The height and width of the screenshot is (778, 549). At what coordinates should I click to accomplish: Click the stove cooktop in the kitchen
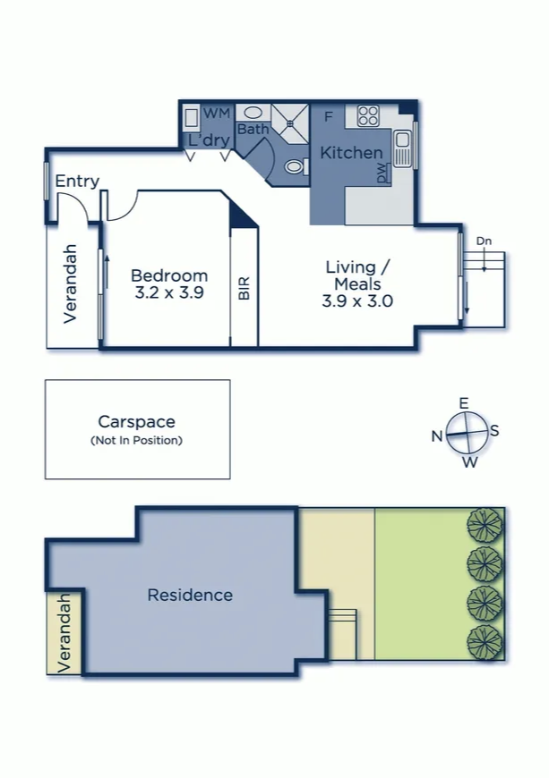point(369,116)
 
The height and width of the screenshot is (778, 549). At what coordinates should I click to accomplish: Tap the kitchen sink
point(401,148)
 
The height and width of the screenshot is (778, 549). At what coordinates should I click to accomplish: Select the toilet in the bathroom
point(296,166)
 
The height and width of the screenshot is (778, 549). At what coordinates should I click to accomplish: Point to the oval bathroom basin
point(253,113)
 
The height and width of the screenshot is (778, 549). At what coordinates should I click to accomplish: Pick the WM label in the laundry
point(218,114)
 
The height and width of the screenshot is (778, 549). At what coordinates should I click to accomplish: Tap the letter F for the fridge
point(328,117)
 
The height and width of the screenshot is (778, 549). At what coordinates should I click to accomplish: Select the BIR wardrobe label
point(244,288)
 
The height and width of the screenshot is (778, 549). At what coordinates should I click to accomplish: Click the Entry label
point(77,182)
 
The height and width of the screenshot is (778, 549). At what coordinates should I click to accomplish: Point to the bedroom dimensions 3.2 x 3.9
point(169,292)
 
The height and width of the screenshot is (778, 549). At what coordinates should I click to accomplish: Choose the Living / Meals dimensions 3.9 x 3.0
point(357,300)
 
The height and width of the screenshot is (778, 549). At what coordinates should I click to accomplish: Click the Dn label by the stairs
point(484,241)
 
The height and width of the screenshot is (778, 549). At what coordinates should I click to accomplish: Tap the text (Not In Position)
point(137,441)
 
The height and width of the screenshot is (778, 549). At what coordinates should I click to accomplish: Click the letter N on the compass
point(437,436)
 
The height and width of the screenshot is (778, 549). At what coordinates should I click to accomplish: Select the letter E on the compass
point(464,403)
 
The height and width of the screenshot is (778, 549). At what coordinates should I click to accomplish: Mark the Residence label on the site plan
point(190,595)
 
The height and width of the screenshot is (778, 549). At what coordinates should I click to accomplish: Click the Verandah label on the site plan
point(64,634)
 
